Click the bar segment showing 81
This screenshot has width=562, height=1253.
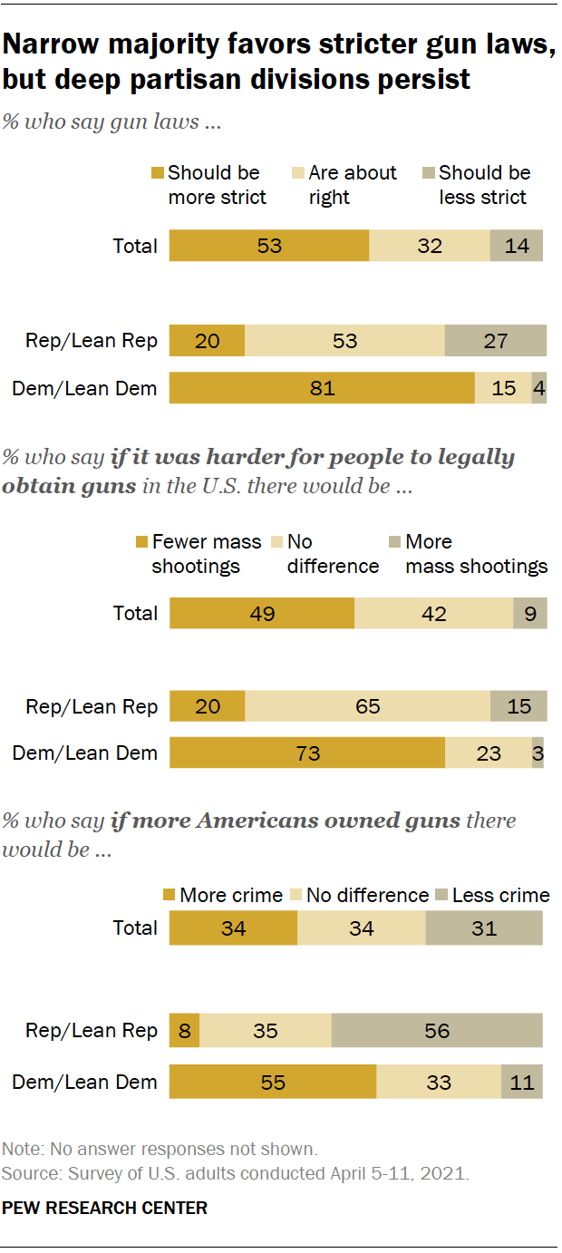[322, 388]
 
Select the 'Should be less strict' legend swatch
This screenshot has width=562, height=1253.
[430, 173]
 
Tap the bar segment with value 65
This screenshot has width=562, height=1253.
[367, 706]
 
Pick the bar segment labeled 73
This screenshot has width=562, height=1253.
[306, 753]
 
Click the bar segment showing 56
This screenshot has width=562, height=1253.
[437, 1031]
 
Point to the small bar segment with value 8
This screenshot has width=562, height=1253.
[184, 1031]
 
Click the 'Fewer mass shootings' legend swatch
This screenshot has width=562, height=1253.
[142, 542]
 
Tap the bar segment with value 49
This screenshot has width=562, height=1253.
[261, 614]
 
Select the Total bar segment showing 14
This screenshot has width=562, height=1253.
[517, 246]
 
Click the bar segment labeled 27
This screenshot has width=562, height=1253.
[495, 341]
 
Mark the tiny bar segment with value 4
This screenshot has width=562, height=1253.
[539, 388]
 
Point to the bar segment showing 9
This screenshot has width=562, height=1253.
[529, 614]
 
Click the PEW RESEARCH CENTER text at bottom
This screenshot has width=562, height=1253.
[105, 1208]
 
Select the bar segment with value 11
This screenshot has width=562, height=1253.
[522, 1082]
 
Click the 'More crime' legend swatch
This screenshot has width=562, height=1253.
[170, 896]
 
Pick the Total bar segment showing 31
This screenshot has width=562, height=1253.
[484, 928]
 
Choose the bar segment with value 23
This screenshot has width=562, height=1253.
[488, 753]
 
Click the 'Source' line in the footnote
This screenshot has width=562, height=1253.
[235, 1173]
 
